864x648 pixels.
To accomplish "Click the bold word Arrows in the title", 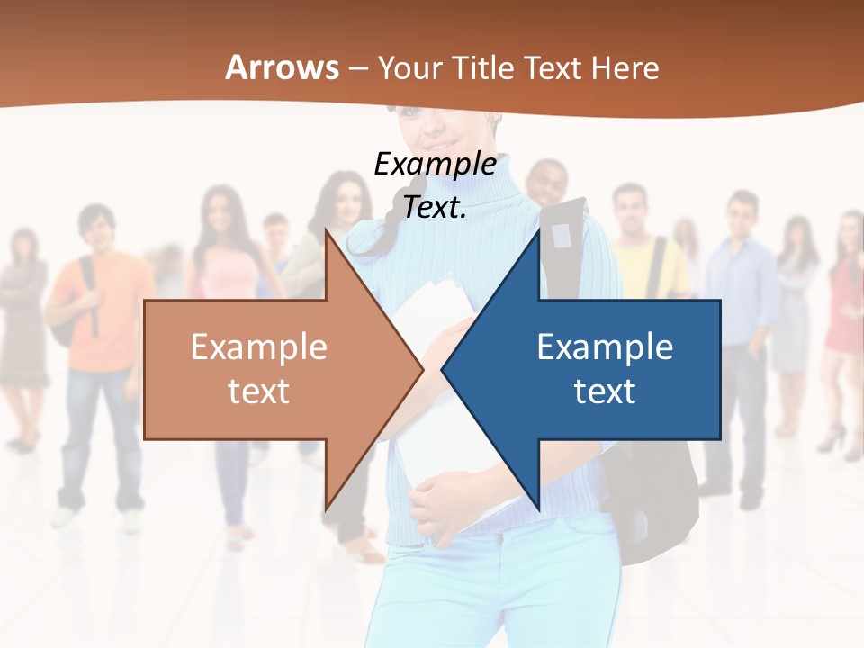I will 283,67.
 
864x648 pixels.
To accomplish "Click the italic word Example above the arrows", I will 435,164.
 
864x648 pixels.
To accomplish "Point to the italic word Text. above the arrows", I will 435,207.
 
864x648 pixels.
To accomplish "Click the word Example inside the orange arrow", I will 258,346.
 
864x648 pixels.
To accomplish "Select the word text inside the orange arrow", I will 258,391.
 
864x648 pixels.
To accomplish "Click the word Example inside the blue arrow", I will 605,346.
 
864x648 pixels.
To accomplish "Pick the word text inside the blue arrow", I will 605,391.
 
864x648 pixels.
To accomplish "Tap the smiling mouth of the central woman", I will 443,144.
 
